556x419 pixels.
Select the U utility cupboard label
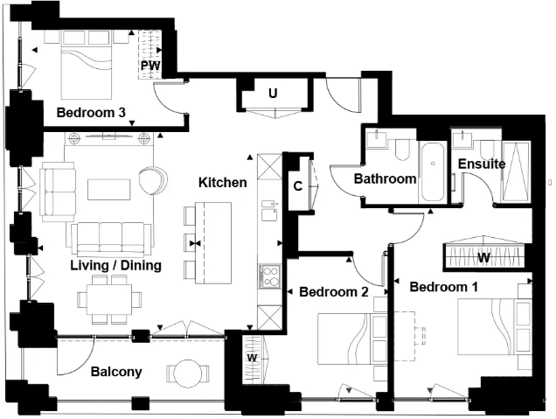coord(273,92)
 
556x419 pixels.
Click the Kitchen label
coord(222,183)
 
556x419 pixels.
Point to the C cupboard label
coord(297,185)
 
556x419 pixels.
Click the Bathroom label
coord(384,178)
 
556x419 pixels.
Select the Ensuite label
coord(481,164)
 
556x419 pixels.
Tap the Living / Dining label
coord(115,265)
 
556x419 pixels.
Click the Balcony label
coord(116,372)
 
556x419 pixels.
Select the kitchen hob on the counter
coord(268,277)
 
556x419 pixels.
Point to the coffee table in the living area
coord(108,190)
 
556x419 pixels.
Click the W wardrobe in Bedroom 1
coord(483,257)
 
